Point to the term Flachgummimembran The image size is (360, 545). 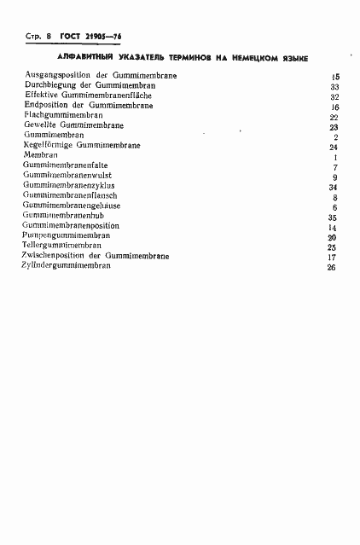[64, 115]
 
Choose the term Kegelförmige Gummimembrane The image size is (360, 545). [83, 146]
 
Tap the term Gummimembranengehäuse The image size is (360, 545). [73, 206]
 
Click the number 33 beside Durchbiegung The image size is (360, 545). [334, 87]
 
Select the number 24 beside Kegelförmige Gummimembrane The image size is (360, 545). [334, 148]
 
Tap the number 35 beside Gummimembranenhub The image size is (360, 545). [333, 218]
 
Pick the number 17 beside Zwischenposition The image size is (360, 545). [333, 258]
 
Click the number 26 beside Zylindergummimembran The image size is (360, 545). [331, 268]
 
